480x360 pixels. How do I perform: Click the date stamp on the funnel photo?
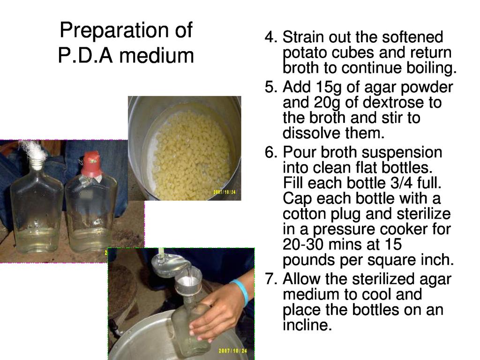click(x=232, y=351)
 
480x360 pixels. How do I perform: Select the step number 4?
click(x=270, y=37)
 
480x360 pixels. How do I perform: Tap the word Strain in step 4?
click(x=304, y=37)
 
